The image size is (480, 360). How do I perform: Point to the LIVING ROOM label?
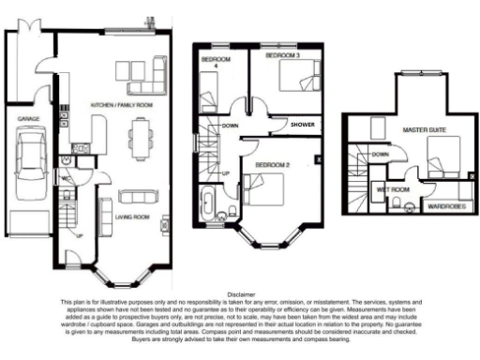click(130, 217)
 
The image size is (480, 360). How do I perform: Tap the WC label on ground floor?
click(67, 177)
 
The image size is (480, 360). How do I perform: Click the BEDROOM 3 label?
click(283, 56)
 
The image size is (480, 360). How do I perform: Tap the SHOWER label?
click(302, 124)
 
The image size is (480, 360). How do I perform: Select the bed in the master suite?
click(441, 152)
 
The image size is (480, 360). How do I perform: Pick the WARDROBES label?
click(442, 203)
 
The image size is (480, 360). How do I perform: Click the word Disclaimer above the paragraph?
click(240, 293)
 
